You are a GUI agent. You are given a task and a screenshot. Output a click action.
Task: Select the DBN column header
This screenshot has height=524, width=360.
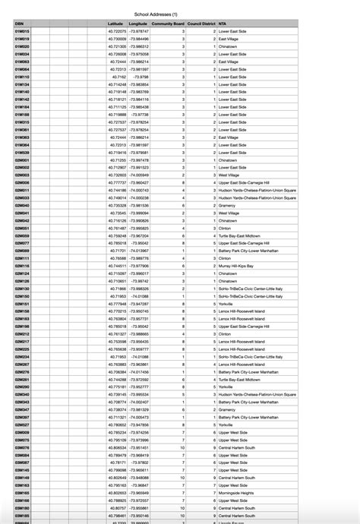coord(19,24)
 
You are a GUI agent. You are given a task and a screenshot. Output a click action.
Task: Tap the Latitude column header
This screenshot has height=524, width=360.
coord(115,24)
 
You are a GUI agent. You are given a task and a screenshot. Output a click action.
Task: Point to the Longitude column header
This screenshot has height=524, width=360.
coord(138,24)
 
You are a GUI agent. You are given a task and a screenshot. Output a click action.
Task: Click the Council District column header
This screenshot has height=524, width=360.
coord(201,24)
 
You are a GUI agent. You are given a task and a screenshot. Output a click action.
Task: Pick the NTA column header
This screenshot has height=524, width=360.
coord(222,24)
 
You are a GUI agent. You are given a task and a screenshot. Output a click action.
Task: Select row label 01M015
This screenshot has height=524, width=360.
coord(22,31)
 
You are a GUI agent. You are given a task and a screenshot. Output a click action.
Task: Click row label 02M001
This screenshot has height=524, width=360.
coord(22,160)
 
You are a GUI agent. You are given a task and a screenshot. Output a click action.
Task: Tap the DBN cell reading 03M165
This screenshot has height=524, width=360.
coord(22,491)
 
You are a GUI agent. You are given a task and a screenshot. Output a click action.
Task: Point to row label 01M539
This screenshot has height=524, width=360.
coord(22,153)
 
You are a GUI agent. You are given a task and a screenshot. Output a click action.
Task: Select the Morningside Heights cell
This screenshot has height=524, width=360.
coord(238,491)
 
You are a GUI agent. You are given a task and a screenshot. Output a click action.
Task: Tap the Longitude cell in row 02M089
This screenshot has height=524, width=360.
coord(138,251)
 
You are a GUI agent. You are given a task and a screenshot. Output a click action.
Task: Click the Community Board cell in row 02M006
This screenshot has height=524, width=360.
coord(183,183)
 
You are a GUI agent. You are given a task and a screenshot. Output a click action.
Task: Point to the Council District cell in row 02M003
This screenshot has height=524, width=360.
coord(215,175)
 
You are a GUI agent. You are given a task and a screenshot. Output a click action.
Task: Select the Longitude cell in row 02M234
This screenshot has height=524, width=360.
coord(138,356)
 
